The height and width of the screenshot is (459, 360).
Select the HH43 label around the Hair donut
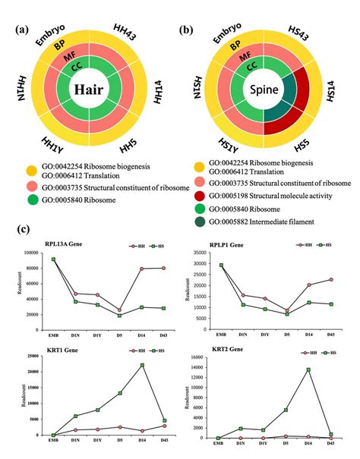point(141,36)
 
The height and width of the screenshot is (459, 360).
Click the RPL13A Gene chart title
point(46,246)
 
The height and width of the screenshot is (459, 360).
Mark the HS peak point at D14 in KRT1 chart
point(141,365)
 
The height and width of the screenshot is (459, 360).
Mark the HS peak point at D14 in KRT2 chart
point(309,369)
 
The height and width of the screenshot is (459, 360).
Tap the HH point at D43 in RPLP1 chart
point(330,279)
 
